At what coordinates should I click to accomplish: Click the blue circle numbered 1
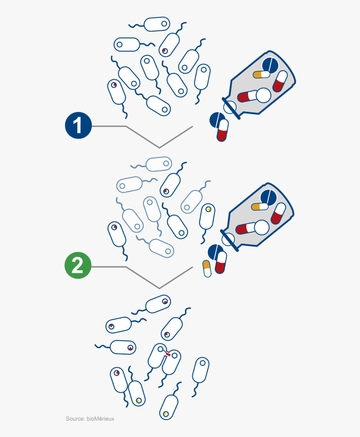click(x=78, y=126)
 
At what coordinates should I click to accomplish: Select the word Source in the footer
click(x=74, y=419)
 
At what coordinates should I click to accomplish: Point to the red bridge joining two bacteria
click(x=168, y=354)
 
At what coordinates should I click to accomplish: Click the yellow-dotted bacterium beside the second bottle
click(x=207, y=216)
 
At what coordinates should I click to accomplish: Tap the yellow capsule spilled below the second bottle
click(x=207, y=268)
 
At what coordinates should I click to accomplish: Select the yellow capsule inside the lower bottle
click(x=260, y=207)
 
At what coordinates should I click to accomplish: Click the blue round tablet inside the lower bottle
click(x=268, y=197)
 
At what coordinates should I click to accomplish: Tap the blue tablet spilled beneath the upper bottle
click(x=216, y=120)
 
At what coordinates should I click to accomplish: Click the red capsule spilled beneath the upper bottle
click(x=222, y=130)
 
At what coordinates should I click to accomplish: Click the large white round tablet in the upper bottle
click(x=263, y=95)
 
